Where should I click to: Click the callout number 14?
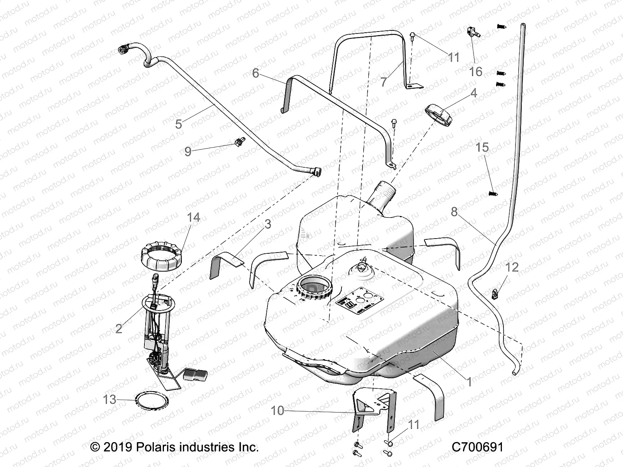(194, 217)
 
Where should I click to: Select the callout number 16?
(476, 72)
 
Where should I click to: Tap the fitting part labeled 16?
(472, 32)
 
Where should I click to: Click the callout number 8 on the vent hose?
(454, 212)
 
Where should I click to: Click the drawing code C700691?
(477, 447)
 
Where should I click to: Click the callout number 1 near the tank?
(470, 382)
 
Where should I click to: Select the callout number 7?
(384, 82)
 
